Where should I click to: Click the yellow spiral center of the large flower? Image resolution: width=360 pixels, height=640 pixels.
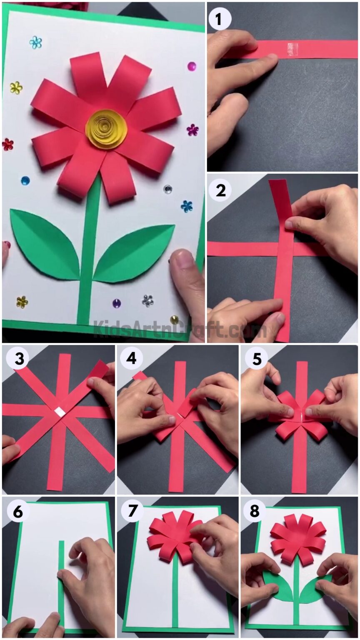(x=106, y=129)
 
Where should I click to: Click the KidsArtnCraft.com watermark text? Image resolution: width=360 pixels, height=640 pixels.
(x=179, y=329)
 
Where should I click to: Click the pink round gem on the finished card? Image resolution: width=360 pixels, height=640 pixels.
(x=191, y=66)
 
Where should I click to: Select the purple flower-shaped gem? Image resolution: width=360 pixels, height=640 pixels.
(x=192, y=130)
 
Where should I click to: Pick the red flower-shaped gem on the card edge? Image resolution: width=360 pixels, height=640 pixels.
(x=7, y=144)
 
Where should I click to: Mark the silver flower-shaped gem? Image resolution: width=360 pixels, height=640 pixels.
(x=147, y=300)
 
